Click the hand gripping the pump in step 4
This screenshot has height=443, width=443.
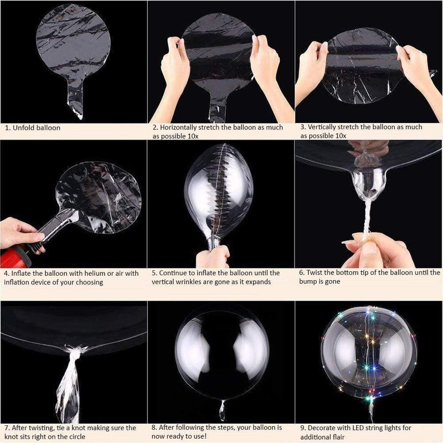pos(19,233)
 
